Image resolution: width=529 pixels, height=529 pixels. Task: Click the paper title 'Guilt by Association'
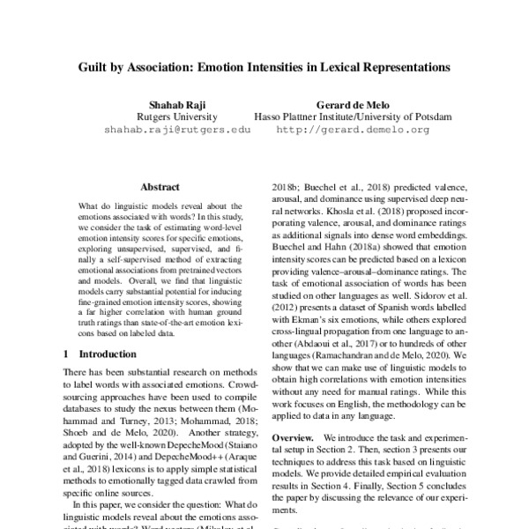pos(264,65)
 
